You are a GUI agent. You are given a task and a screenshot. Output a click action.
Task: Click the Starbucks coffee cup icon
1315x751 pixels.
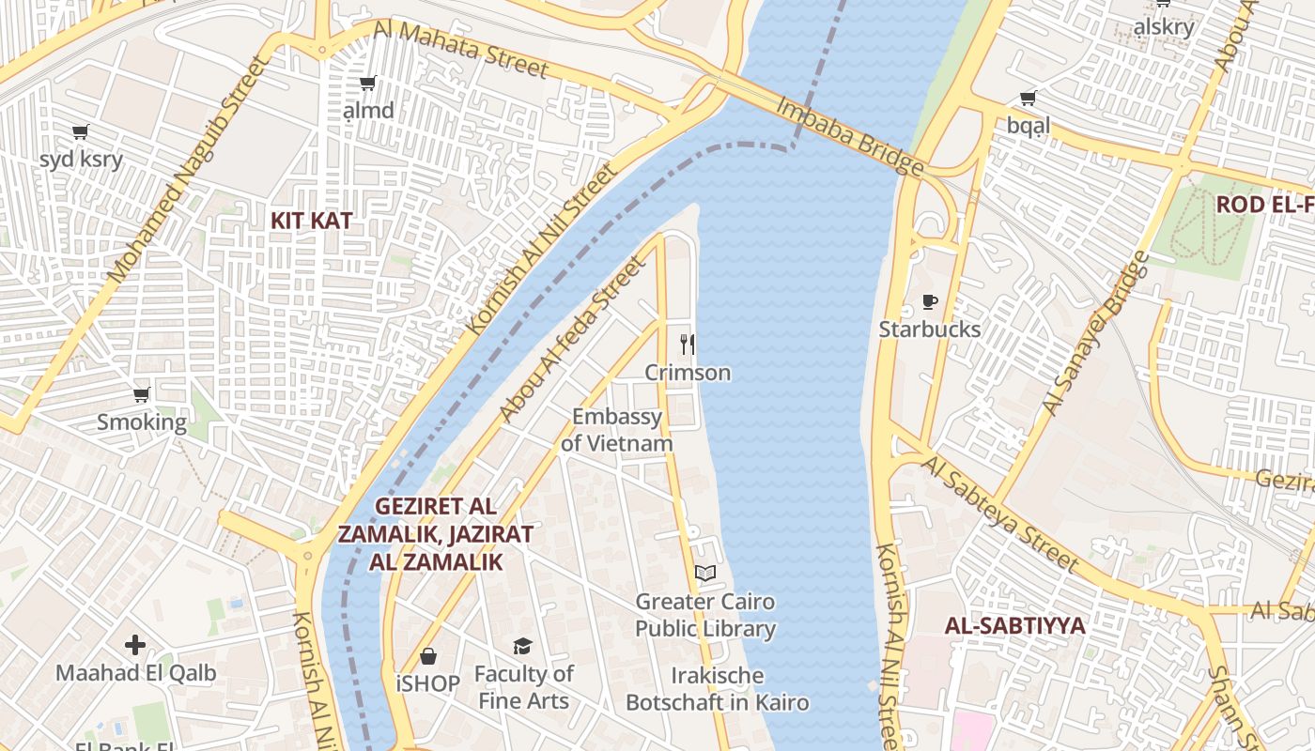(x=929, y=301)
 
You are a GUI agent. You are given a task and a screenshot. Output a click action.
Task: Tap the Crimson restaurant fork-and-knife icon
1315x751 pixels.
(x=688, y=345)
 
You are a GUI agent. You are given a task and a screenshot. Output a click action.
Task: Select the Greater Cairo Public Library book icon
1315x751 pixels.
(x=705, y=573)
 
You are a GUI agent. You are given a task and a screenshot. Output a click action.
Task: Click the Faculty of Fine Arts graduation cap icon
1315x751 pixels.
(x=522, y=646)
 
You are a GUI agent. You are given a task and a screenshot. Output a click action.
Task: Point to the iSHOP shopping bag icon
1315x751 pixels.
(x=428, y=655)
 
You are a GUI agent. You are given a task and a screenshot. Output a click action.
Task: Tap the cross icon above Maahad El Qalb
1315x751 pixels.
(x=135, y=645)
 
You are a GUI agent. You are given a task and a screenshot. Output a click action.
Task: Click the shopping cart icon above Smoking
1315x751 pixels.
(x=142, y=394)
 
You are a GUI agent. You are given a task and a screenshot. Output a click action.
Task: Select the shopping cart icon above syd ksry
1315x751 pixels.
(x=81, y=131)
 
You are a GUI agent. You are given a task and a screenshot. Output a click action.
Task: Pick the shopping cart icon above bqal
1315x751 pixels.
(x=1029, y=98)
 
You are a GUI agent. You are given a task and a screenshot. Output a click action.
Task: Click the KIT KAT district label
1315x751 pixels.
(x=312, y=221)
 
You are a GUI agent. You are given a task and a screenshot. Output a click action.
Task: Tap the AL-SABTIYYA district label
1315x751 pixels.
(x=1014, y=625)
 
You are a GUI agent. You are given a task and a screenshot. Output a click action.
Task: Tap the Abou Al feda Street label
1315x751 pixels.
(x=573, y=339)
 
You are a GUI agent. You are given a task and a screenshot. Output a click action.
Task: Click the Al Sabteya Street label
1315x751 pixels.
(x=1000, y=513)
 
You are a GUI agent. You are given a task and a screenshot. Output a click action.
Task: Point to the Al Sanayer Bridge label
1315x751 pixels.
(x=1096, y=333)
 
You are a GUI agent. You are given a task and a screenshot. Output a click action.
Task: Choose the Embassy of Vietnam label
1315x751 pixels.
(x=617, y=430)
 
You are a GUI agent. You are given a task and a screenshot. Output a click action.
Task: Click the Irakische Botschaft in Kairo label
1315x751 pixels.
(x=718, y=689)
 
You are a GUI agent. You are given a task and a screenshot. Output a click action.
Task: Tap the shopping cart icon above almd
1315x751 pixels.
(x=368, y=83)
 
